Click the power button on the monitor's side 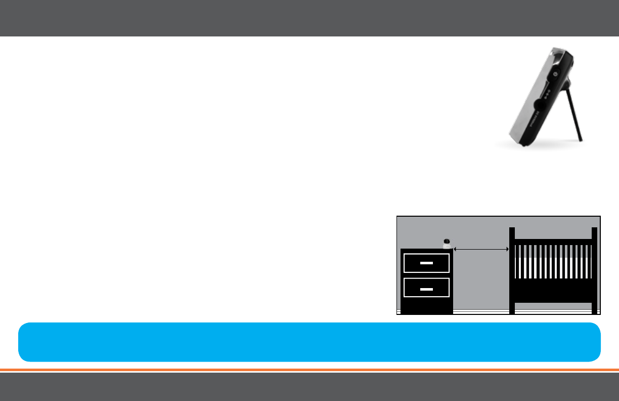(555, 74)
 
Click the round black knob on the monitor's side (540, 105)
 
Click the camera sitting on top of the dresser (447, 244)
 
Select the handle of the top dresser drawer (426, 264)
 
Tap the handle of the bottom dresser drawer (426, 288)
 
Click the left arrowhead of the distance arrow (456, 249)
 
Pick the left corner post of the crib (512, 271)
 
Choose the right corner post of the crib (594, 271)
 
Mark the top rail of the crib (553, 242)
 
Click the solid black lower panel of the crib (553, 290)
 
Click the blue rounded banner (309, 342)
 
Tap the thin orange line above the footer (309, 370)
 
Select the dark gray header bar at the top (309, 18)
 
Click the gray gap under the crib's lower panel (553, 305)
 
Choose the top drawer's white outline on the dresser (426, 255)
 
